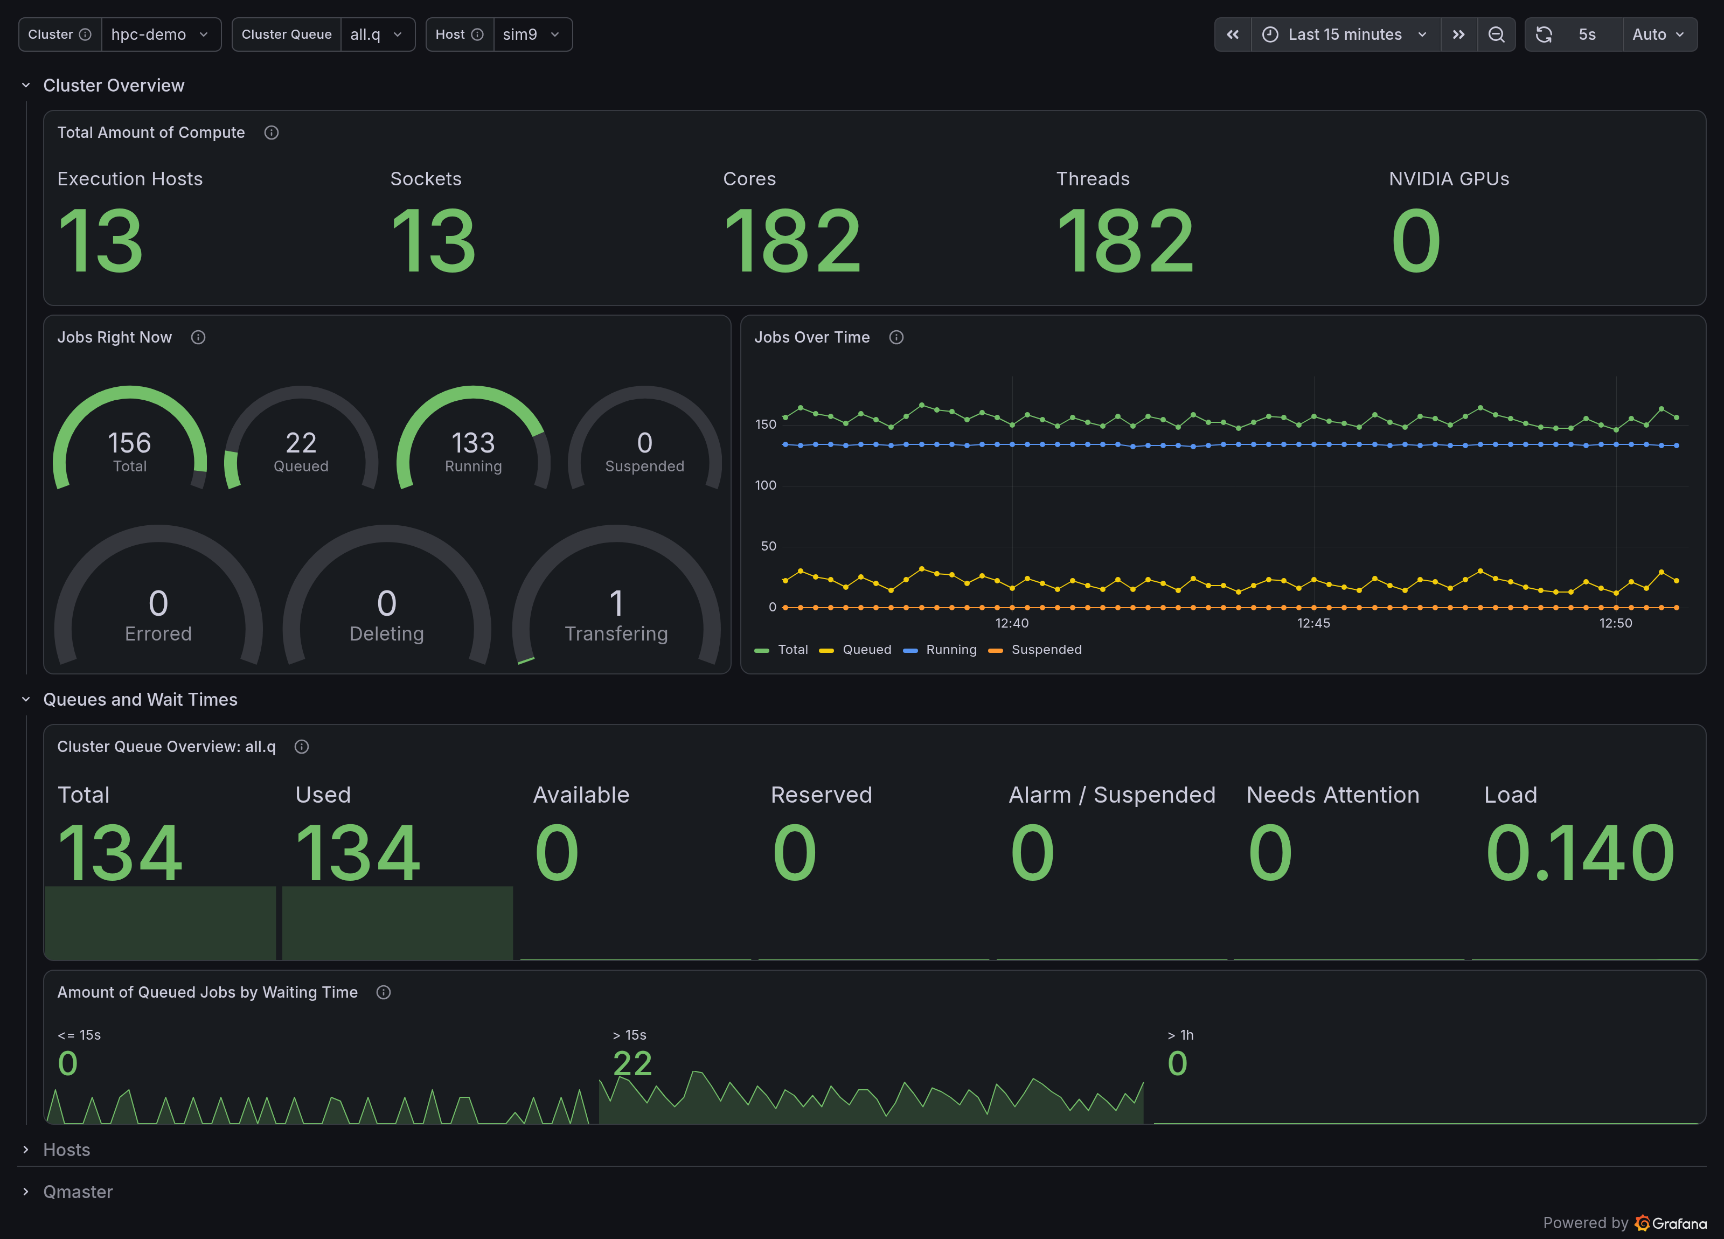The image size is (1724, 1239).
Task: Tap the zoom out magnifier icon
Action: click(x=1496, y=34)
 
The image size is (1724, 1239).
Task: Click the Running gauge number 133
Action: click(x=473, y=442)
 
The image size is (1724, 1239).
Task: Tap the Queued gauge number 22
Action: click(x=301, y=442)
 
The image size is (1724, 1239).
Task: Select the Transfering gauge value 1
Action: click(x=616, y=603)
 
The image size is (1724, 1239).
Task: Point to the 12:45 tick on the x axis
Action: click(x=1313, y=623)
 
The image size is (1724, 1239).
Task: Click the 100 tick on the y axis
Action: click(x=766, y=485)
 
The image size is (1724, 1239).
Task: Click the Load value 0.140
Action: click(x=1580, y=853)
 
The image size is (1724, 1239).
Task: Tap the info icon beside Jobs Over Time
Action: click(x=896, y=338)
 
